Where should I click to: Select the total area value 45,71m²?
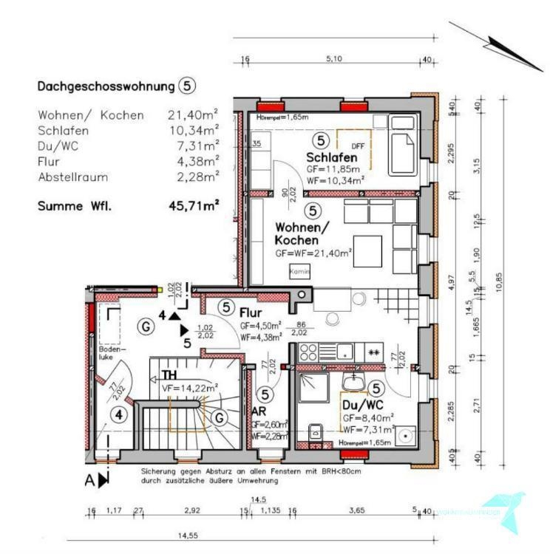(x=194, y=206)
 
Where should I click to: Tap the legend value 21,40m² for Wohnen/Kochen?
(x=194, y=114)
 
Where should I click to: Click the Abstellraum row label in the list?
(x=72, y=177)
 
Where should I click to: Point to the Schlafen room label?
(x=332, y=157)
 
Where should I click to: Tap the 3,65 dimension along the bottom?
(x=356, y=510)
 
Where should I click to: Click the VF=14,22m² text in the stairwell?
(x=190, y=387)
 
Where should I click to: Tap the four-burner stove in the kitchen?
(x=308, y=352)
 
